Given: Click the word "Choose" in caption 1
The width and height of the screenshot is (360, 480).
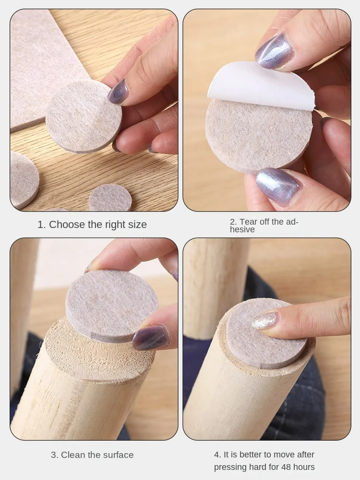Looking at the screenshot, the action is (67, 225).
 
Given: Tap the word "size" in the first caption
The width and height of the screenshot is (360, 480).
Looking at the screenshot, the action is (138, 225).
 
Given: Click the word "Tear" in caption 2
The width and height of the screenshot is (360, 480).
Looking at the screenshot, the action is (248, 222).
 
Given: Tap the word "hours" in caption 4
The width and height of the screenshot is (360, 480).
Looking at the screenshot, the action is (304, 467).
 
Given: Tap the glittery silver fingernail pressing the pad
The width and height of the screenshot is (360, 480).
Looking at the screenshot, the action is (264, 321).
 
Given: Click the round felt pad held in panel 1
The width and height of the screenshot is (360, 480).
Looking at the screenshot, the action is (84, 117).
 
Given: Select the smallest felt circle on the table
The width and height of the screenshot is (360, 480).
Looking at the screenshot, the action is (110, 198).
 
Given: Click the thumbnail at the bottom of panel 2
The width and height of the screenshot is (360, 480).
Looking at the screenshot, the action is (278, 186).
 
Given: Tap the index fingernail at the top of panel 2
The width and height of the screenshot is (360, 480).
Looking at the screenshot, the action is (275, 51).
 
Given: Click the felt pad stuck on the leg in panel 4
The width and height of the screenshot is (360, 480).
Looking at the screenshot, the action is (266, 334).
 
